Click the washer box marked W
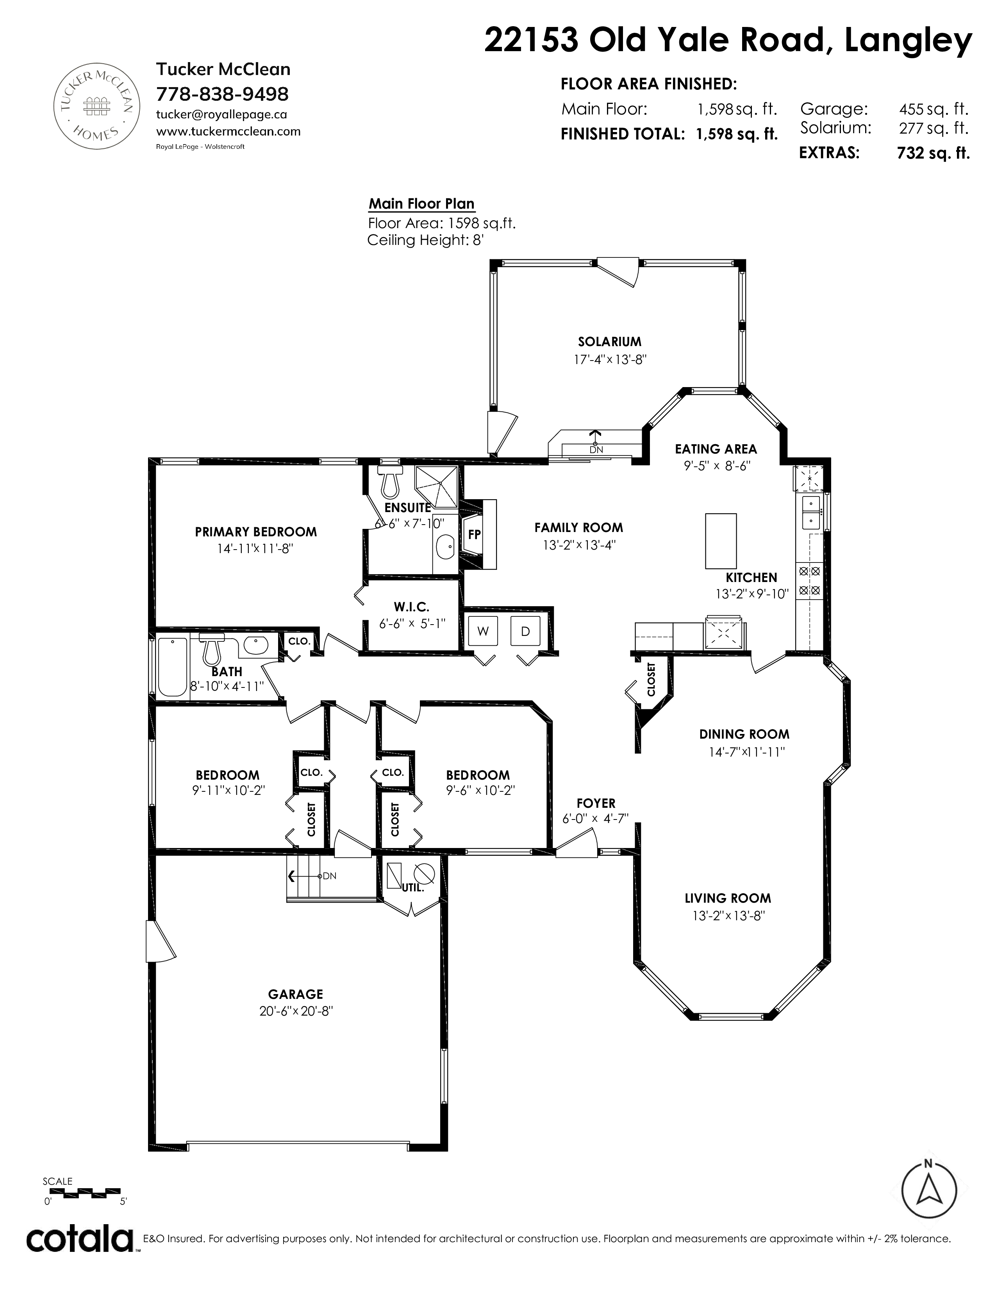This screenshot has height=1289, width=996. [483, 631]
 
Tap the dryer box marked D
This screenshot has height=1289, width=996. [525, 631]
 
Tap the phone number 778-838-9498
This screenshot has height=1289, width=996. [222, 94]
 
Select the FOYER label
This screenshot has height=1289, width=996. [596, 803]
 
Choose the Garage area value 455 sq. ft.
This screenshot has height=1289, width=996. [934, 109]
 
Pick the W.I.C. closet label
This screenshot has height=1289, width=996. [411, 606]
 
